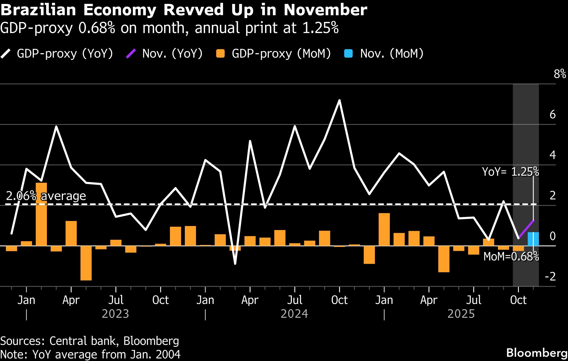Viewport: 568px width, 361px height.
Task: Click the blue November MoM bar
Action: click(x=533, y=239)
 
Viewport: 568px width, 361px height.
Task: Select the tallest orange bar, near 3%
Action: click(x=41, y=214)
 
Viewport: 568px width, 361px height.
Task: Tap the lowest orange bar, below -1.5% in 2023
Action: click(x=86, y=263)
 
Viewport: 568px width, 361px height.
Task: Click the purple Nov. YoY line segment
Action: click(x=526, y=229)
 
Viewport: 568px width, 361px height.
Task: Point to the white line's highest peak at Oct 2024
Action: click(x=339, y=100)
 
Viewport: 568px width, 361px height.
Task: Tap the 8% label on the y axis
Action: click(x=560, y=74)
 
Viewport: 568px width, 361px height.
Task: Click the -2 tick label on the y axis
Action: click(x=550, y=277)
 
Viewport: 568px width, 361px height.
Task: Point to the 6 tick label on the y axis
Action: click(x=552, y=115)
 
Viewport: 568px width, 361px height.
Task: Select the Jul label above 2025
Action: click(x=474, y=300)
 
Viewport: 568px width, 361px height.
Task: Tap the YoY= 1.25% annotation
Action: click(x=510, y=172)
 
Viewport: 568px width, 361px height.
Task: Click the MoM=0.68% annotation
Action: click(x=511, y=256)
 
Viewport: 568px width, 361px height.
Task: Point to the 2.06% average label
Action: click(x=46, y=196)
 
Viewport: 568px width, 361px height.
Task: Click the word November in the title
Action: click(x=325, y=10)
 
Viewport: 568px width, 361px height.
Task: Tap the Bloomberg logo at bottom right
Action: click(x=537, y=353)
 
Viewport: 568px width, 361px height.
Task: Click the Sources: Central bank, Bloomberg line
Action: click(x=90, y=341)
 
